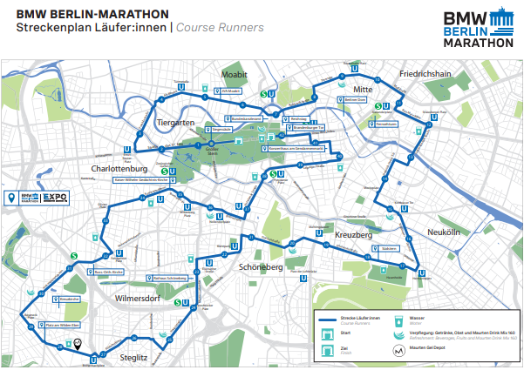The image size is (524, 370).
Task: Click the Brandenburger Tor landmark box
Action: pyautogui.click(x=311, y=128)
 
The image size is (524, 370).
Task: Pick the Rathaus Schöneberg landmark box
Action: pyautogui.click(x=171, y=278)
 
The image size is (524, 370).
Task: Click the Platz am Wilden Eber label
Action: pyautogui.click(x=64, y=326)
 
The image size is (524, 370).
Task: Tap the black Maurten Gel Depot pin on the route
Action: pyautogui.click(x=78, y=344)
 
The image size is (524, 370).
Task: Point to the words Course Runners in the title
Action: pyautogui.click(x=220, y=27)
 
